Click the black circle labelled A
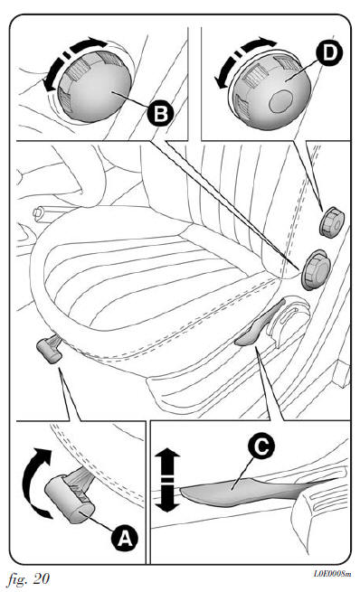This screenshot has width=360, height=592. (125, 538)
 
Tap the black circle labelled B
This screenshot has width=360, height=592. (160, 114)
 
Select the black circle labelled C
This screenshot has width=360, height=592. (261, 446)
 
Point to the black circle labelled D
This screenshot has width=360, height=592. (329, 52)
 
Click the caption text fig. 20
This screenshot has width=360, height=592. (29, 578)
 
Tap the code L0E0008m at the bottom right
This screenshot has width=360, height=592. (333, 574)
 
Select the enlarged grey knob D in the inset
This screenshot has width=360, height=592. (272, 90)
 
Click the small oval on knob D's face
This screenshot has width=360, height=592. (280, 101)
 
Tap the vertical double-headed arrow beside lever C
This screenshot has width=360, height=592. (167, 480)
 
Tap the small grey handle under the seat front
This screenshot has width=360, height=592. (49, 350)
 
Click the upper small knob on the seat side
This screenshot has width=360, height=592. (332, 222)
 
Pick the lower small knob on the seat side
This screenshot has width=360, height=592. (317, 269)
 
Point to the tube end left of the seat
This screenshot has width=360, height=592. (38, 213)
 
